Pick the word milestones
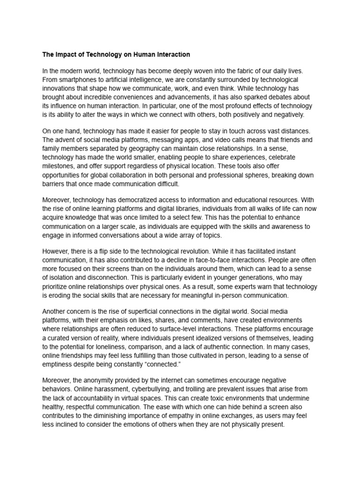coord(59,166)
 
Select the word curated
coord(62,337)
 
